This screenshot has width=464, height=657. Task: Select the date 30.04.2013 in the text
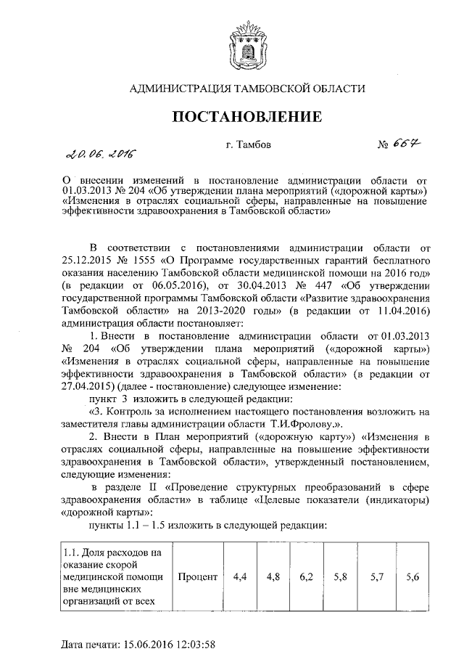[x=248, y=285]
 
